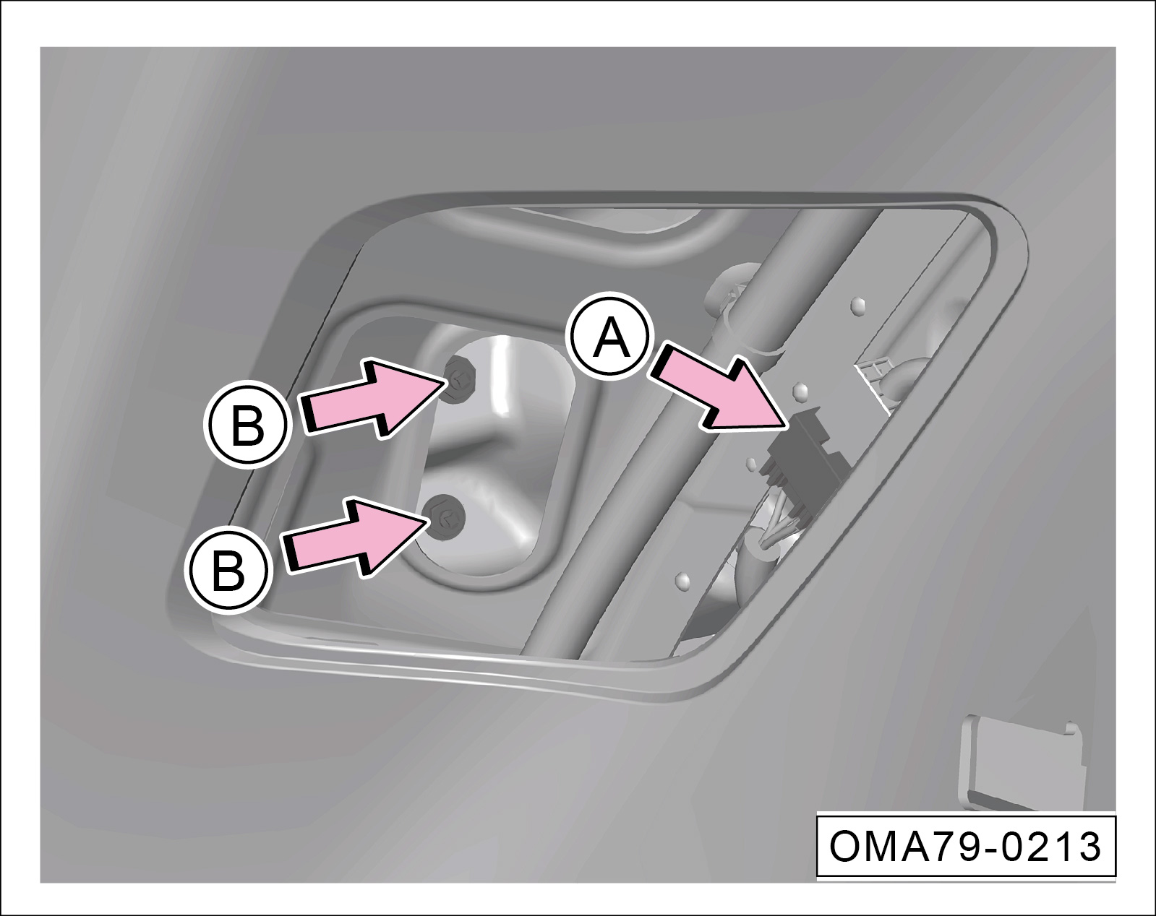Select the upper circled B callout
[x=248, y=424]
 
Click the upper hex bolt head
[x=459, y=379]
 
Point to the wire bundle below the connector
[x=776, y=529]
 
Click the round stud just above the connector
[x=800, y=391]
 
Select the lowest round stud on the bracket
[x=682, y=580]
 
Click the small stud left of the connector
[x=751, y=463]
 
